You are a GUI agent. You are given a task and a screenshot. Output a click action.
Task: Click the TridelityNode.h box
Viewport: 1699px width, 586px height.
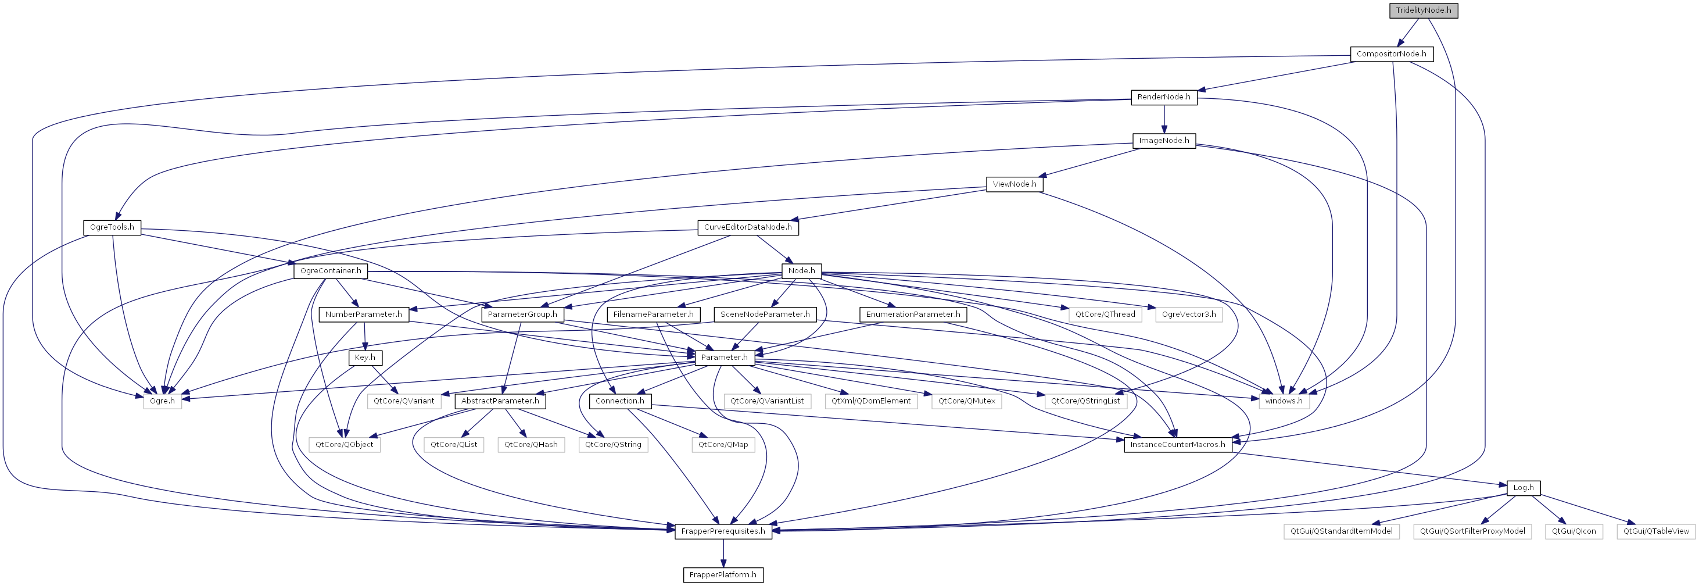[1424, 10]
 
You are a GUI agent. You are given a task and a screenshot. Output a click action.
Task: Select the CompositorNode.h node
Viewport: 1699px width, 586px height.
[1392, 54]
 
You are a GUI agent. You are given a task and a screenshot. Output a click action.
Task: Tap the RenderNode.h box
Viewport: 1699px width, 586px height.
[1164, 97]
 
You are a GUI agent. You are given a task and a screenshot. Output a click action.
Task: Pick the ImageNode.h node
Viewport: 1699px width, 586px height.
[1164, 141]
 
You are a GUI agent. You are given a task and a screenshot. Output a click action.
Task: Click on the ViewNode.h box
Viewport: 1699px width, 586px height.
[1015, 184]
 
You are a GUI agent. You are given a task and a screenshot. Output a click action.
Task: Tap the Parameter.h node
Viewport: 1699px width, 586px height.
[724, 358]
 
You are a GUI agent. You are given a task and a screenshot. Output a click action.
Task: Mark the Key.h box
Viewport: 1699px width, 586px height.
[365, 358]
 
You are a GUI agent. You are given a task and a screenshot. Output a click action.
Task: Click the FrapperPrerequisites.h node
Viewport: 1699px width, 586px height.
[723, 531]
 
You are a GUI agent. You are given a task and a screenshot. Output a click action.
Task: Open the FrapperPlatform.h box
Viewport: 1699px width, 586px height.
[723, 575]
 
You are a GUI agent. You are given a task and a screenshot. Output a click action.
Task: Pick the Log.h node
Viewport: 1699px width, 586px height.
[1524, 488]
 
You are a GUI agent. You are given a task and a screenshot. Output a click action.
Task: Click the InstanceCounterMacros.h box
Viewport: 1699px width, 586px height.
[1178, 445]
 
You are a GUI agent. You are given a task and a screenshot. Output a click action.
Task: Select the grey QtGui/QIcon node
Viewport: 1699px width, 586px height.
[1573, 531]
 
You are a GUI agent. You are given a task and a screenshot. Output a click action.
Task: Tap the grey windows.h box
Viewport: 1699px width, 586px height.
[1284, 401]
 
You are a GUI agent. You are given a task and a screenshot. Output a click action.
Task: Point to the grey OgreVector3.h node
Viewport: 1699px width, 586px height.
[1188, 315]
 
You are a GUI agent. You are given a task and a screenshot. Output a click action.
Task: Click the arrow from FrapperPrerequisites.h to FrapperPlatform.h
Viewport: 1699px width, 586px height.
[723, 553]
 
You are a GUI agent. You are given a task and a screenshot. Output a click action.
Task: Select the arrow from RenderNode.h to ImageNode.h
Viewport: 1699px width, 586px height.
[1164, 119]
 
